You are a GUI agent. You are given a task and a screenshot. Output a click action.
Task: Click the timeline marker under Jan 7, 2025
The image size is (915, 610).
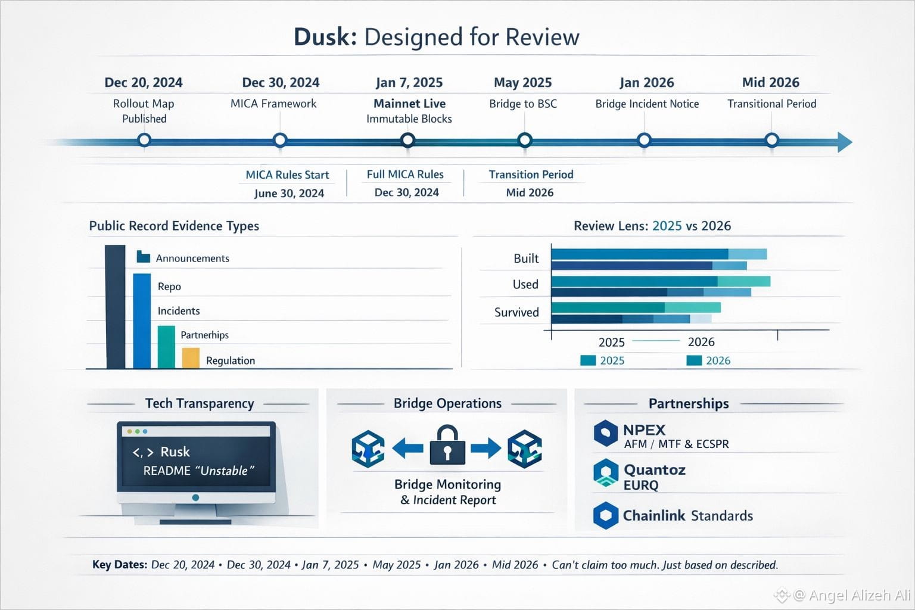(407, 140)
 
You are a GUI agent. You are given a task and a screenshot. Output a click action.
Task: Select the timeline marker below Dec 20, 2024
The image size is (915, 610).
(144, 140)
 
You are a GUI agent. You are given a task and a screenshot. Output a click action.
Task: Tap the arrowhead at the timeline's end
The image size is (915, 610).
(845, 142)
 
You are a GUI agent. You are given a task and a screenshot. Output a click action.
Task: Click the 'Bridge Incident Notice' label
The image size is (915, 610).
(647, 104)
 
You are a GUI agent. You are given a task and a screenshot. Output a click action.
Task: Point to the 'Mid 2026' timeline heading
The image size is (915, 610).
(770, 82)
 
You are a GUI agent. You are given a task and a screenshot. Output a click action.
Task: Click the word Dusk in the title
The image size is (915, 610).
(325, 37)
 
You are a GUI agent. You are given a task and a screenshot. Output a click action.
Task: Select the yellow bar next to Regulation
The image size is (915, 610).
(191, 358)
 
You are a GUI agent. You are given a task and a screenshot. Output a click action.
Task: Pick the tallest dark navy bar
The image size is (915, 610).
(115, 307)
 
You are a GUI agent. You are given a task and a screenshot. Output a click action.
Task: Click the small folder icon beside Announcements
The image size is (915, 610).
(143, 257)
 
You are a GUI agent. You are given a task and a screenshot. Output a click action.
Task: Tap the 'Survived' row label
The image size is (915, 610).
(516, 312)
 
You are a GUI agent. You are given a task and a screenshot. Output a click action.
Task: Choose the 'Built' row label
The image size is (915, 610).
(526, 259)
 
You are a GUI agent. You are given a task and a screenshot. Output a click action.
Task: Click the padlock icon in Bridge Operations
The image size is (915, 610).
(447, 446)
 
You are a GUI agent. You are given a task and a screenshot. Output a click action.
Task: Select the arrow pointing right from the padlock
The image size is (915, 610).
(485, 448)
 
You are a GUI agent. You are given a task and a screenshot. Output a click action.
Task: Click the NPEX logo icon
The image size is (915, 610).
(606, 433)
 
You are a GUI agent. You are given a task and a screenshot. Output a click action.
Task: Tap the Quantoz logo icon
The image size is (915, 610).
(606, 474)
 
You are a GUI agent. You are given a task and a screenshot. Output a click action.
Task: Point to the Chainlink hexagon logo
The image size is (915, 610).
(606, 515)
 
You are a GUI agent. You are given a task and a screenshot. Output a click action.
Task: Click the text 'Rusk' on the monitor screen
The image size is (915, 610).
(175, 452)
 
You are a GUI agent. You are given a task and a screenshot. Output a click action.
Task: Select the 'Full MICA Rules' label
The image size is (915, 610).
(405, 175)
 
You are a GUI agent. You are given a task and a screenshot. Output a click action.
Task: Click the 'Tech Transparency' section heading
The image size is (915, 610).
(200, 403)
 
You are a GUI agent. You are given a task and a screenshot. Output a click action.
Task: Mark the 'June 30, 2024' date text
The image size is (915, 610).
(289, 193)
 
